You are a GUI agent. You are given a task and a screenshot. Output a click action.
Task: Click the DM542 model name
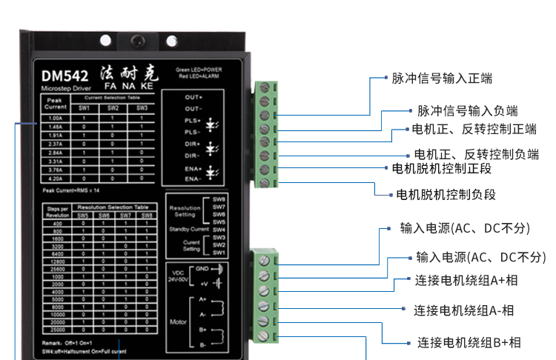tap(65, 75)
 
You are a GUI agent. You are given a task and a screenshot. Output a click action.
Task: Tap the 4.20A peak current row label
tap(55, 178)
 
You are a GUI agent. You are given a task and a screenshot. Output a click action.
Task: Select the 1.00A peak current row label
tap(55, 119)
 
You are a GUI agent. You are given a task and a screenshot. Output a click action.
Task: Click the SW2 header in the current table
tap(113, 108)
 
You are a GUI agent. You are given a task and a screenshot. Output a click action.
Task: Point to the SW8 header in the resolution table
tap(148, 216)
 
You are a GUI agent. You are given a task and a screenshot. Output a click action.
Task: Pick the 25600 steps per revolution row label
tap(58, 267)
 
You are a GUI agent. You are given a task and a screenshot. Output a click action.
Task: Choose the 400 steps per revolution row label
tap(58, 222)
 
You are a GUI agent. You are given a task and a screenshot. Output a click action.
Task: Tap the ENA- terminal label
tap(193, 179)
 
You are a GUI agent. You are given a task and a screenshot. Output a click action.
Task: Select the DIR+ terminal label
tap(193, 144)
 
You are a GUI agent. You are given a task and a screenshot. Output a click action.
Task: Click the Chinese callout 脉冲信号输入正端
tap(442, 78)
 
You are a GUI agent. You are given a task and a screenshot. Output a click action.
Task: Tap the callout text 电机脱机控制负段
tap(446, 195)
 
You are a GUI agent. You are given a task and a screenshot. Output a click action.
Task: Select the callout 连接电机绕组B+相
tap(469, 342)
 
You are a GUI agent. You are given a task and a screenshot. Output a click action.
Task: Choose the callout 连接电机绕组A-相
tap(463, 310)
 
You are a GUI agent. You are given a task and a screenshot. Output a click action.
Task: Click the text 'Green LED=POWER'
tap(199, 70)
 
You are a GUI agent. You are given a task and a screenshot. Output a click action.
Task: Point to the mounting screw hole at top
tap(136, 40)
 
